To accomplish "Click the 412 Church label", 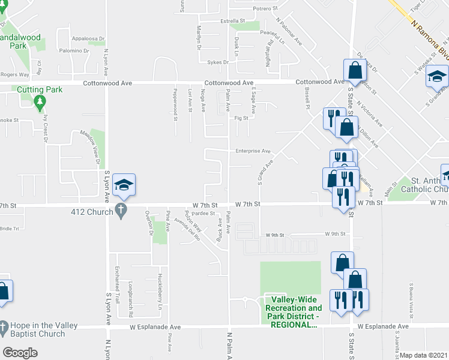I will point(91,212).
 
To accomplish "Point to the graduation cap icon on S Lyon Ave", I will point(124,185).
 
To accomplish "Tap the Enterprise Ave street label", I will point(253,151).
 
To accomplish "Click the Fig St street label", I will point(242,118).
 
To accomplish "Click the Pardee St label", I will point(204,213).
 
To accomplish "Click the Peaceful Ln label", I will point(272,37).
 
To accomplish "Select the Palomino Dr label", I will point(74,51).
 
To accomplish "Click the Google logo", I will point(20,353).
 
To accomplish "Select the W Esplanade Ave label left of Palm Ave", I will point(155,327).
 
